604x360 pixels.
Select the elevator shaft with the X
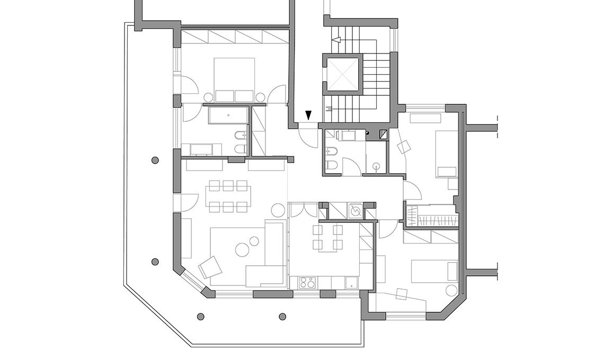coord(342,74)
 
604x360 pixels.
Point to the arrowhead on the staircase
coord(335,40)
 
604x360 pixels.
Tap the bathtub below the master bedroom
coord(228,115)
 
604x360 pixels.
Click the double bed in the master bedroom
coord(234,79)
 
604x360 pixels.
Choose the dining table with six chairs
coord(229,196)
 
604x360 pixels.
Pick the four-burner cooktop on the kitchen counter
coord(307,283)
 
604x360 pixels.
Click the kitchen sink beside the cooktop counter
coord(351,283)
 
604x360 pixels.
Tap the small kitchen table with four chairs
coord(328,237)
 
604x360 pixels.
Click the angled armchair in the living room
coord(211,267)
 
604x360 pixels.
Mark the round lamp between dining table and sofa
coord(278,210)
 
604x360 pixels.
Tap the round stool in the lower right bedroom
coord(451,290)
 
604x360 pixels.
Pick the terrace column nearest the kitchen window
coord(282,317)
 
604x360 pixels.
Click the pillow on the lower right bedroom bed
coord(452,271)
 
